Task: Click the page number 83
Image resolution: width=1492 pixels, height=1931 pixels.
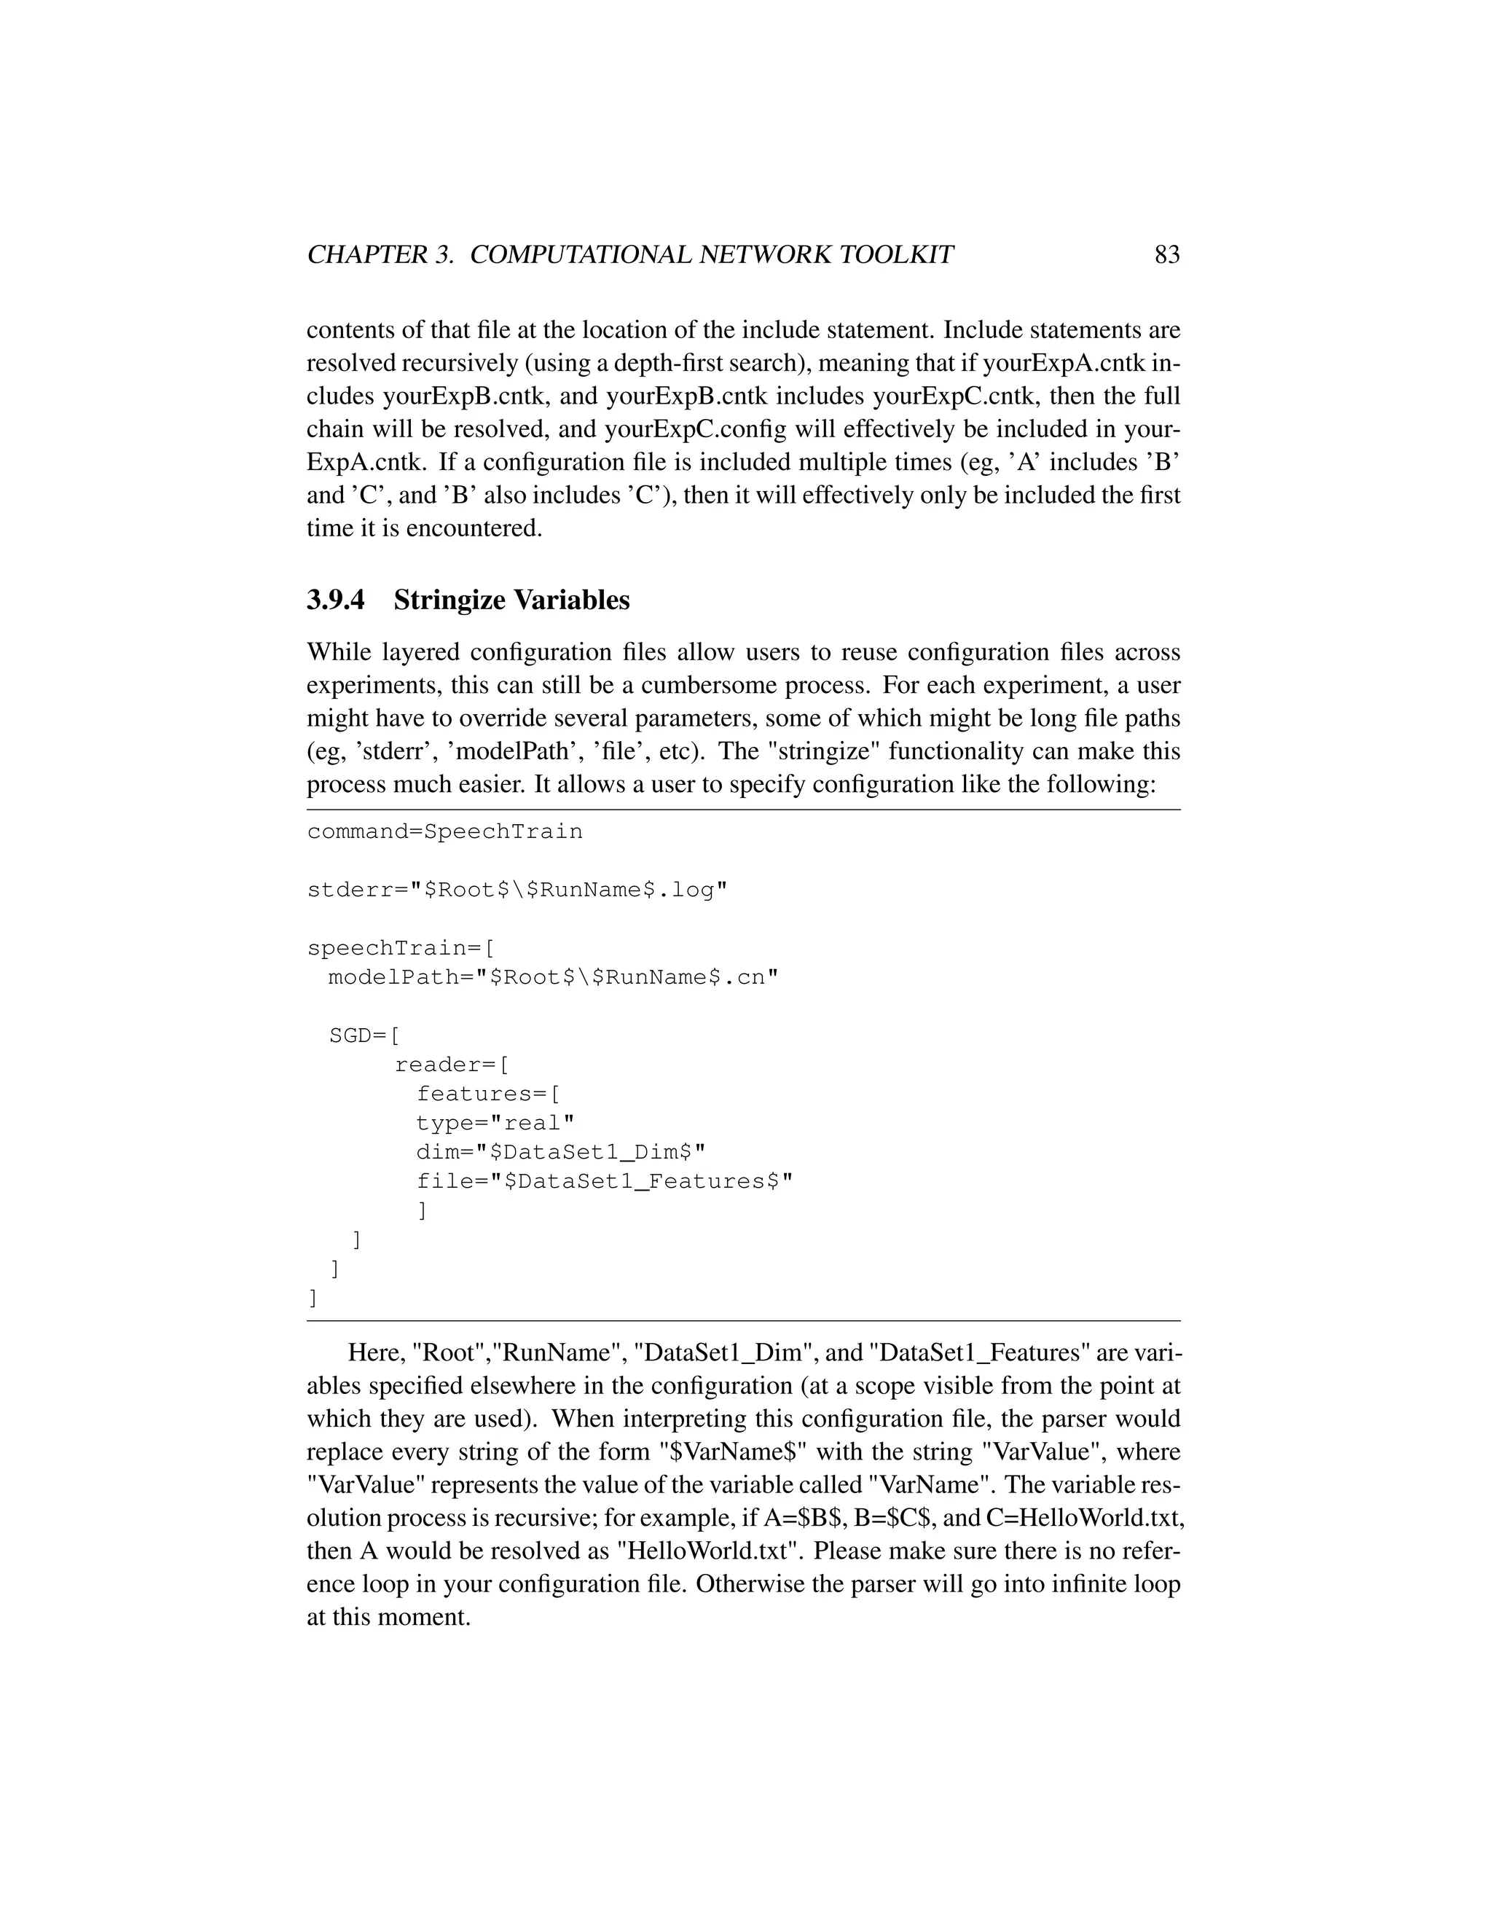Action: point(1167,254)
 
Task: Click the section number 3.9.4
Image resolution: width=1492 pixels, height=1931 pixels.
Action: point(336,600)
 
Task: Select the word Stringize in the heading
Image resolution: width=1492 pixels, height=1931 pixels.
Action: point(450,600)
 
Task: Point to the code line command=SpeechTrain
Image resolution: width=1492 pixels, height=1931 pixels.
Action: point(444,832)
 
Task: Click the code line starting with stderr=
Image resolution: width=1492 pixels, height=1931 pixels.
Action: point(517,890)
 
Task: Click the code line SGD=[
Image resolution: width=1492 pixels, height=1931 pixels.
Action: point(364,1035)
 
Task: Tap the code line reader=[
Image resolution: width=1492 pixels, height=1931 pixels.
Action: point(452,1065)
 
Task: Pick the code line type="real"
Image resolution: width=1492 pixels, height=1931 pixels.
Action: point(495,1123)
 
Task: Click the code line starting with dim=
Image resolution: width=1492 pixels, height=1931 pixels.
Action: point(560,1152)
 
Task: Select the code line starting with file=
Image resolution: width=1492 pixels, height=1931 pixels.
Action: point(605,1181)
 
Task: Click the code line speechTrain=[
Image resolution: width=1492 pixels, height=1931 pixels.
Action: point(399,949)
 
